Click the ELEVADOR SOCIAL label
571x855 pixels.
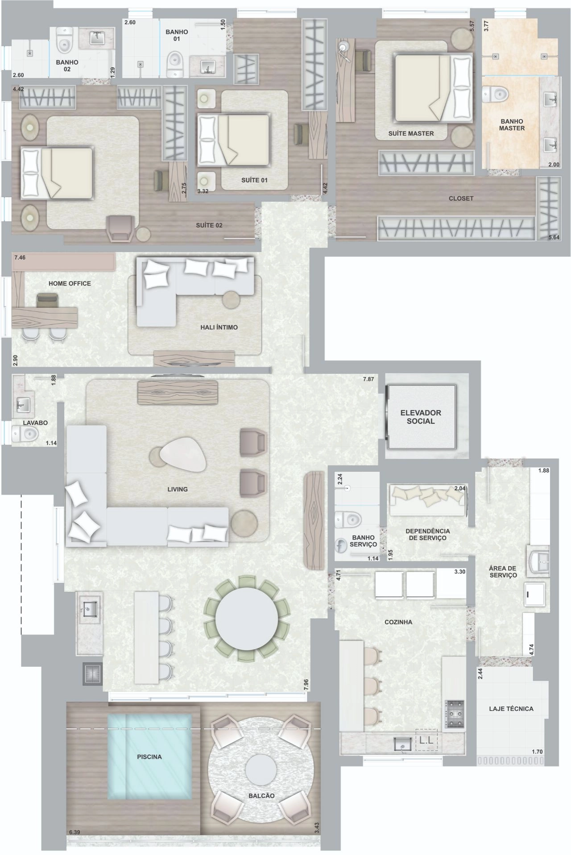tap(420, 417)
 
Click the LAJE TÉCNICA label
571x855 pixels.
tap(511, 708)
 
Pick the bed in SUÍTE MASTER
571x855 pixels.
tap(433, 87)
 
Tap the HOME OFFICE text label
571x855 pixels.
tap(70, 283)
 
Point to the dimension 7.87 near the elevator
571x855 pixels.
tap(368, 380)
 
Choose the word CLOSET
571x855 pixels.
tap(461, 198)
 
